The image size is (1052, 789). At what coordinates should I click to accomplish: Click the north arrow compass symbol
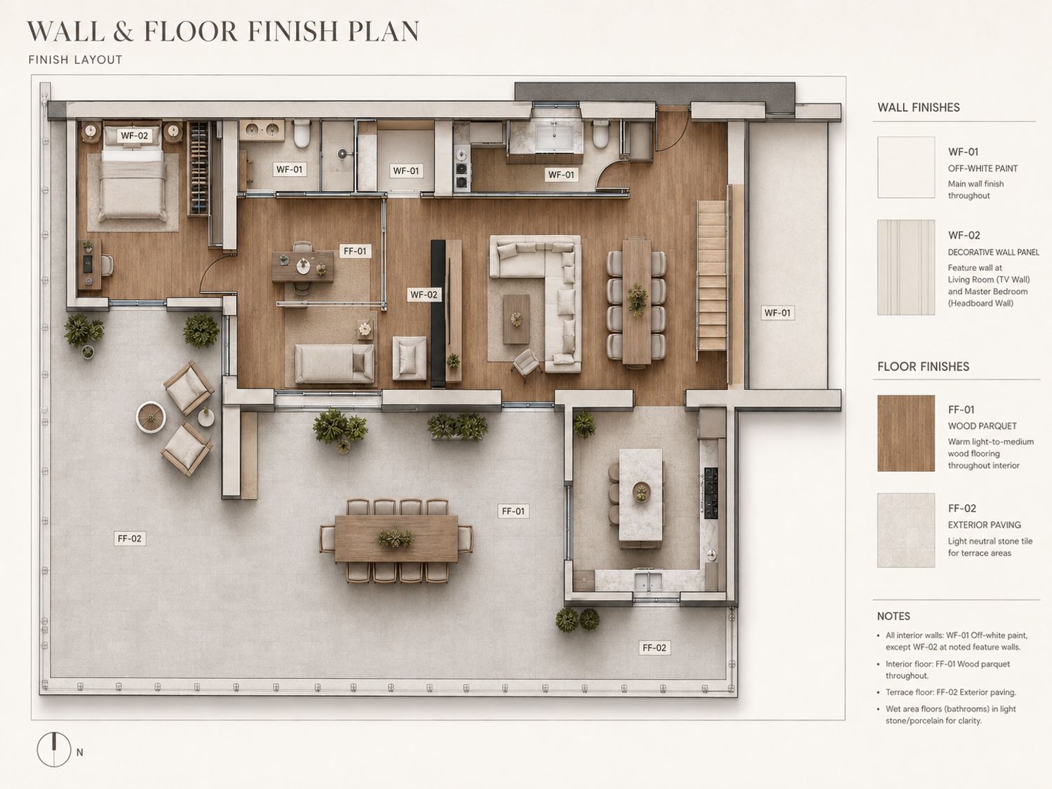pos(54,749)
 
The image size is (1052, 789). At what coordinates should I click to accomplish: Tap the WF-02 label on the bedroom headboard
pos(134,135)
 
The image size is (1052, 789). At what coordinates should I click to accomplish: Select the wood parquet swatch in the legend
pos(906,433)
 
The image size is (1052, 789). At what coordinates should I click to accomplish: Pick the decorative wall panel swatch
pos(906,267)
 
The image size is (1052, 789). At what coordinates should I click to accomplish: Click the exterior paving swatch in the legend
pos(906,530)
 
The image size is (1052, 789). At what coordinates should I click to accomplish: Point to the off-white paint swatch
pos(906,167)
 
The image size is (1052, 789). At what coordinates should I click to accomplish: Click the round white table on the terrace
pos(151,417)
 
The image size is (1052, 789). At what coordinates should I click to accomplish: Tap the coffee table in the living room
pos(516,319)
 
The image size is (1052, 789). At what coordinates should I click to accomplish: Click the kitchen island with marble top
pos(641,498)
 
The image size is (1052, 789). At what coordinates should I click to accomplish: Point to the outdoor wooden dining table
pos(396,539)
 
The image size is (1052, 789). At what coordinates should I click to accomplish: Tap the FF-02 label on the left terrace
pos(130,539)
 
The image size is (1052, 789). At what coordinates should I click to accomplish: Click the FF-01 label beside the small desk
pos(355,251)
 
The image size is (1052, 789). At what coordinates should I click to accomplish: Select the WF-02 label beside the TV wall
pos(424,295)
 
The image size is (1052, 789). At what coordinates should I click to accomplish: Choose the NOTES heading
pos(893,616)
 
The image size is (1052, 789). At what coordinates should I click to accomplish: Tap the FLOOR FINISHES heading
pos(923,367)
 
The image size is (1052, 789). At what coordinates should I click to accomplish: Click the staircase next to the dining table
pos(712,275)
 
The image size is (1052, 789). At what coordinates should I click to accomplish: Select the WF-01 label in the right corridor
pos(777,313)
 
